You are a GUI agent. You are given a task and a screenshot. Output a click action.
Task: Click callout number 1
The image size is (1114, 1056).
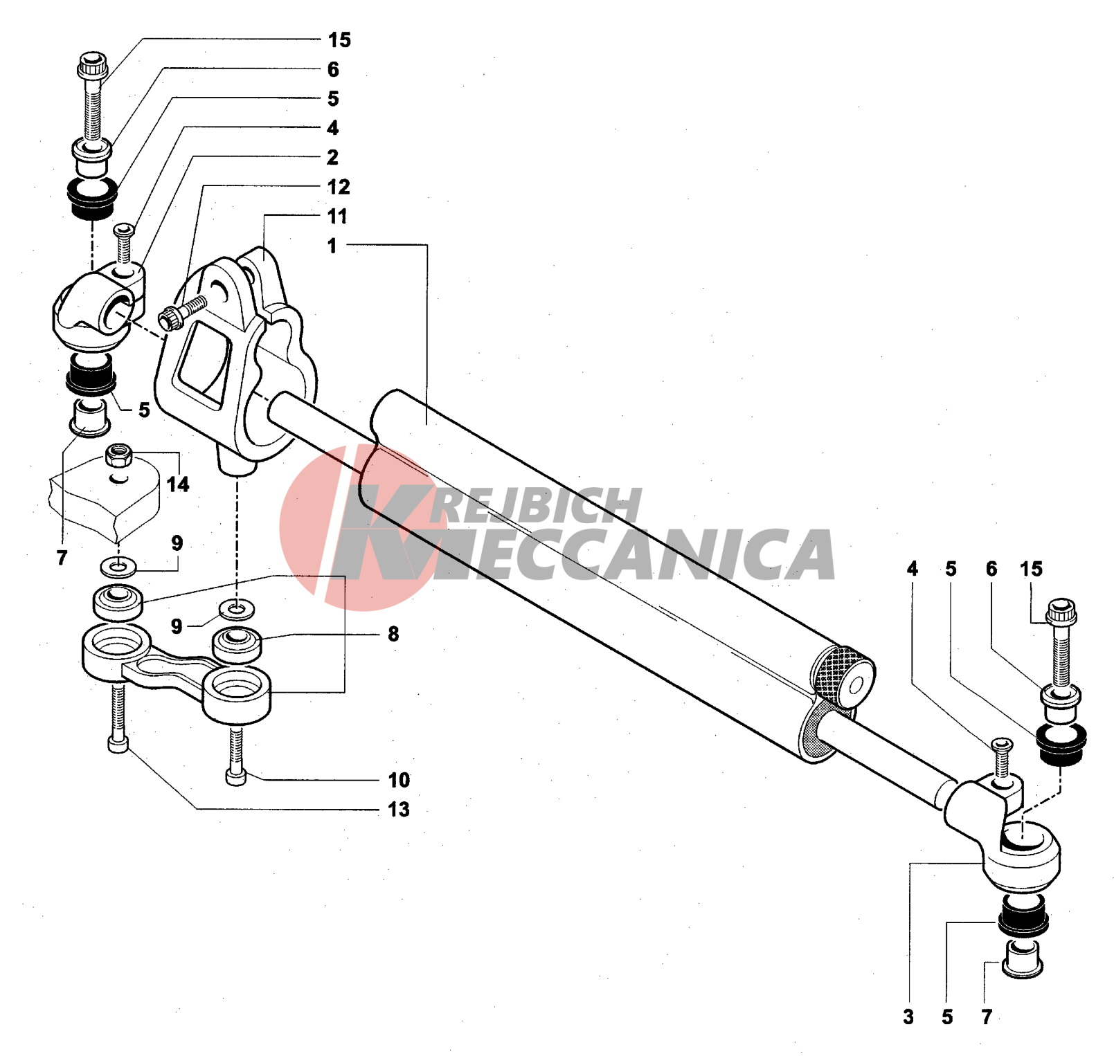click(x=332, y=246)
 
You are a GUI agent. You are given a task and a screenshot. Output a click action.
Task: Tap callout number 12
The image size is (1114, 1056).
click(x=339, y=187)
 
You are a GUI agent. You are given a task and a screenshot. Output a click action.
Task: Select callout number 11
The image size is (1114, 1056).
click(x=337, y=217)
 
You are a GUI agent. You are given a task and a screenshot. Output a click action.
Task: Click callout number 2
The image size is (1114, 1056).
click(x=333, y=158)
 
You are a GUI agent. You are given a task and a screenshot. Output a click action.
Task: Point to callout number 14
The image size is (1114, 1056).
click(x=178, y=484)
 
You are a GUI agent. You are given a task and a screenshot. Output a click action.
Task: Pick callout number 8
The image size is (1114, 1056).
click(x=393, y=634)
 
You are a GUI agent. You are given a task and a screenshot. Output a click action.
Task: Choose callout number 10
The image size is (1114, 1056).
click(x=399, y=780)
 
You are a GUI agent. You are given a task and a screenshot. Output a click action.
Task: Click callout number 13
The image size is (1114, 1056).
click(x=399, y=809)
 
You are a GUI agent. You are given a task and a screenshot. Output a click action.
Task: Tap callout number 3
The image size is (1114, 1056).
click(x=908, y=1017)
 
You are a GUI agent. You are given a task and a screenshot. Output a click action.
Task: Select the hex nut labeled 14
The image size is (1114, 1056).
click(x=119, y=455)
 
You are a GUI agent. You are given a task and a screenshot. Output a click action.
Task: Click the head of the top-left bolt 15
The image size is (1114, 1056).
click(x=92, y=66)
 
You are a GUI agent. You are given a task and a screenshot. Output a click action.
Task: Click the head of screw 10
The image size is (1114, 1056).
click(x=236, y=778)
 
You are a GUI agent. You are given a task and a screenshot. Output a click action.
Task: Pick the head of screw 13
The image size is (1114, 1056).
click(x=118, y=745)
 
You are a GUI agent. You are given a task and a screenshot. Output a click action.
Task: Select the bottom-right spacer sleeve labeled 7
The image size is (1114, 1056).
click(x=1023, y=958)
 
